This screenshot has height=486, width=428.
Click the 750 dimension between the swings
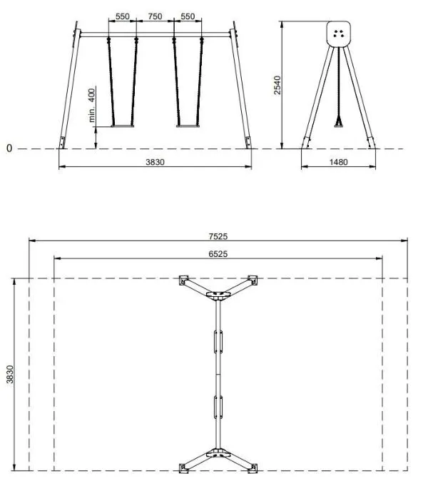156,16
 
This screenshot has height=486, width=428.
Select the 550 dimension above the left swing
122,16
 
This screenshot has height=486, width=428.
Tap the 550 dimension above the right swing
188,16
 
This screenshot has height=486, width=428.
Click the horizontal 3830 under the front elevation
155,162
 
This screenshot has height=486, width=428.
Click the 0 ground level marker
9,148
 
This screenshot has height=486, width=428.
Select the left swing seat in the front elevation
122,127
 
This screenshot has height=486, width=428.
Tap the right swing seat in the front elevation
189,127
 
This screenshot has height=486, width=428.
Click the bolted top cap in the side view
339,33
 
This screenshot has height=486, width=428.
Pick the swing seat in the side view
339,126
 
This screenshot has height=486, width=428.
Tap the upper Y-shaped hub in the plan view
217,295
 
